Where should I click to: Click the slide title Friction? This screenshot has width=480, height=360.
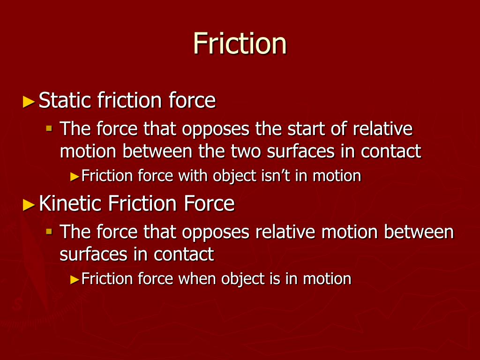pos(240,44)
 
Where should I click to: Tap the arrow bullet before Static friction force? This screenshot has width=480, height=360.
pos(29,101)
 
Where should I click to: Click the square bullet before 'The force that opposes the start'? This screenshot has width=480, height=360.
pos(49,127)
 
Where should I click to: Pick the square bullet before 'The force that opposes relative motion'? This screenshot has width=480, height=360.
pos(49,231)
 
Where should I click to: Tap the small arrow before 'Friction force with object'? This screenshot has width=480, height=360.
pos(75,177)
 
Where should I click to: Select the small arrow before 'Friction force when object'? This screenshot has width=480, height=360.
pos(75,280)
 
